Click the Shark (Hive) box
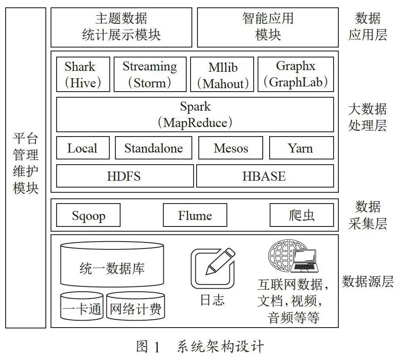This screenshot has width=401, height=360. (x=83, y=74)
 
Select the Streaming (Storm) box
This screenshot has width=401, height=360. (x=150, y=74)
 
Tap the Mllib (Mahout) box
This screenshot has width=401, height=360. (x=222, y=74)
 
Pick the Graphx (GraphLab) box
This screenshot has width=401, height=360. (x=296, y=74)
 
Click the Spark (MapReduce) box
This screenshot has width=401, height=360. (x=195, y=115)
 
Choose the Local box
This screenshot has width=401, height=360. (x=83, y=148)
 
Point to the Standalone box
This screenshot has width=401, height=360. (x=154, y=148)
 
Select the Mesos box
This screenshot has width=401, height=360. (x=231, y=148)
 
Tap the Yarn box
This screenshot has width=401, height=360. (x=302, y=148)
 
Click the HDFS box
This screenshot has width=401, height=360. (x=125, y=176)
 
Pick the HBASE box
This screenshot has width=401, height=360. (x=265, y=176)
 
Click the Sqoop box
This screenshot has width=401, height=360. (x=88, y=215)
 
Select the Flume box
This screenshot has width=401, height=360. (x=195, y=215)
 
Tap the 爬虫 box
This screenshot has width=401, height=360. (x=302, y=215)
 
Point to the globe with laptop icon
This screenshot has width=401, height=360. (x=293, y=256)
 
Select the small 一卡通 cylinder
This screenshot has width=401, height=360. (x=82, y=306)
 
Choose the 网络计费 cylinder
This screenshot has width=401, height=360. (x=136, y=306)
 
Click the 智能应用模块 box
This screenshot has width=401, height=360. (x=268, y=27)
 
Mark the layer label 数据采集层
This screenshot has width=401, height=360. (x=368, y=215)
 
